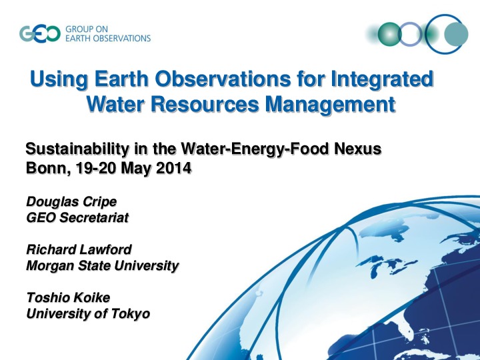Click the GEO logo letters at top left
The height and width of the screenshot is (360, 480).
click(41, 33)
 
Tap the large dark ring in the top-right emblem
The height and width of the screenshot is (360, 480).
click(443, 34)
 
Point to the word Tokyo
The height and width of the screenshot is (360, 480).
click(131, 313)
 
